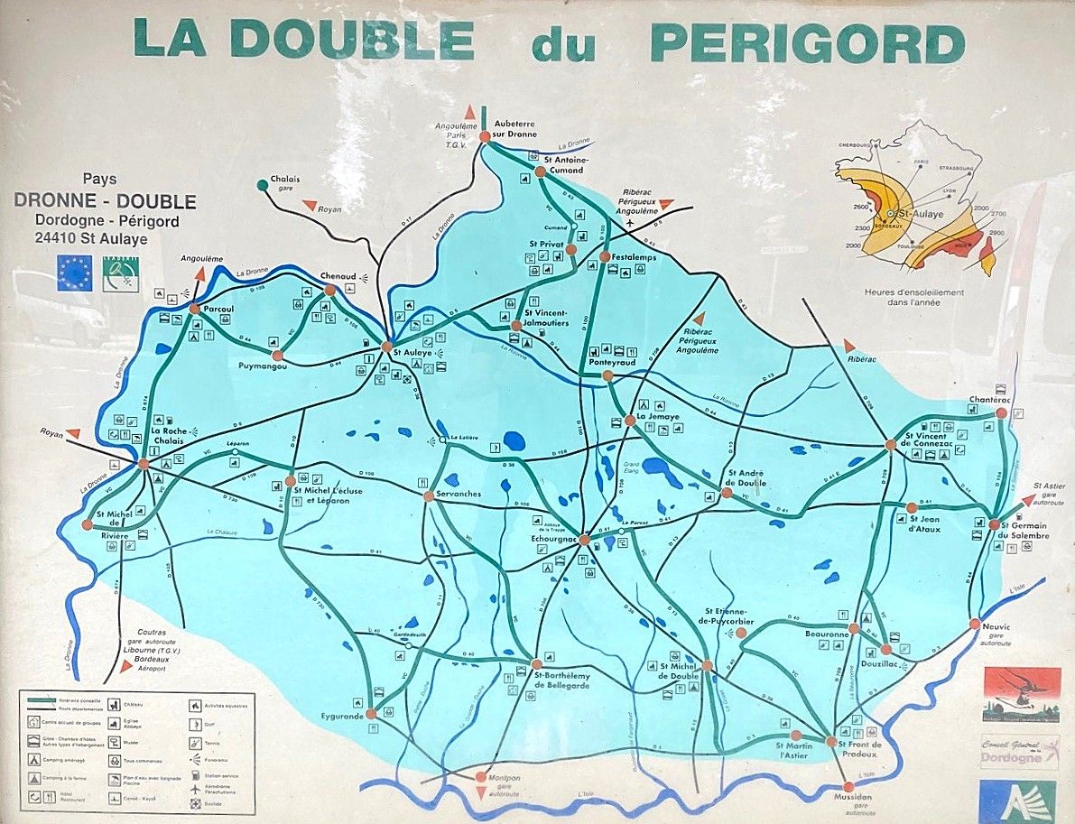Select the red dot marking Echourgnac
[x=584, y=540]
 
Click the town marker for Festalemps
[x=605, y=256]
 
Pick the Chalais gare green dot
[x=262, y=185]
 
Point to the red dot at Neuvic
[x=975, y=624]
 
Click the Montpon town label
[x=505, y=776]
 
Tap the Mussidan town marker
[x=848, y=787]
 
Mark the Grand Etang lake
[x=662, y=470]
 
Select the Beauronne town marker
[x=854, y=628]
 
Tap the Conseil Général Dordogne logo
[x=1020, y=752]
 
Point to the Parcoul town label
[x=218, y=309]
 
